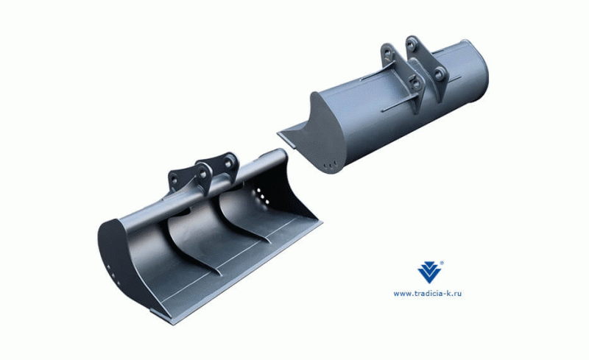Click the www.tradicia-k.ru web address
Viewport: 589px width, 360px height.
[432, 294]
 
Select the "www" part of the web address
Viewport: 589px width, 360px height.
[401, 294]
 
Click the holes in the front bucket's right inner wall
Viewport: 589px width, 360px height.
[258, 197]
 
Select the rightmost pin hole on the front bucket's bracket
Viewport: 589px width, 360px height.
[231, 160]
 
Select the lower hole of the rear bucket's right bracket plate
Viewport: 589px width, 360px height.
[440, 74]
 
